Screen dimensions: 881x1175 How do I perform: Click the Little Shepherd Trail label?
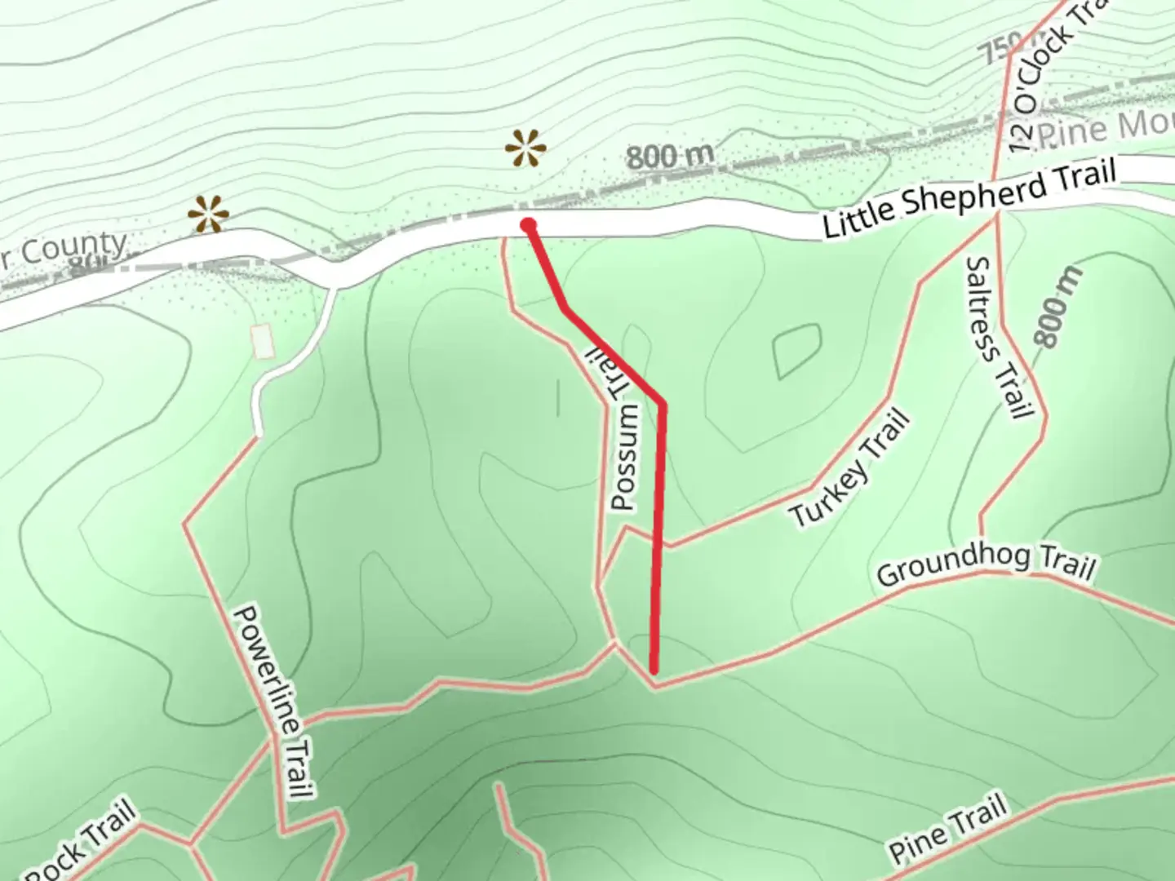coord(969,199)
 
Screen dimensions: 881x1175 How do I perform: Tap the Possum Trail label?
coord(623,432)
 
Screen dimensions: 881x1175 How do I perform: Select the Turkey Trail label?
coord(849,468)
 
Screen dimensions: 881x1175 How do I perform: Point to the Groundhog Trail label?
coord(986,564)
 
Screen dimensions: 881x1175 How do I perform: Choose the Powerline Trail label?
coord(273,702)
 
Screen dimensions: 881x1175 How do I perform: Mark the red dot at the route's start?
coord(529,225)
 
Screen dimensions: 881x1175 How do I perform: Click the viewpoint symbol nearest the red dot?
coord(525,149)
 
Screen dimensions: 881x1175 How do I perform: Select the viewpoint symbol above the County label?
coord(208,215)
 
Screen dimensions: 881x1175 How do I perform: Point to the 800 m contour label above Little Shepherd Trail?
coord(670,156)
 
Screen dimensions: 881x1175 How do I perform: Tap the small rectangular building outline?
coord(262,341)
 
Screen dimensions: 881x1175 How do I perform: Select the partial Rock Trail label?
coord(78,844)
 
